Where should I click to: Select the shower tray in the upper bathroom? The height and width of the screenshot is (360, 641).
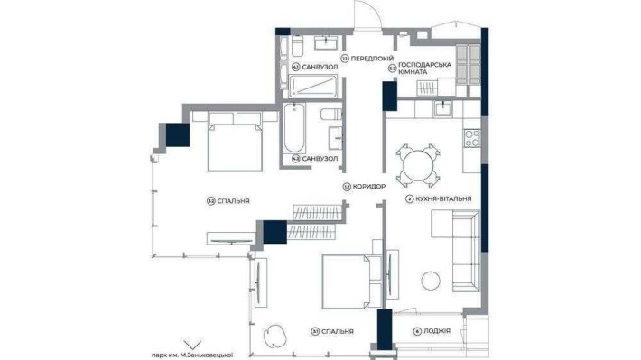click(315, 86)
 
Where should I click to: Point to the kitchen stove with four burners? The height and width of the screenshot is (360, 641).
click(471, 139)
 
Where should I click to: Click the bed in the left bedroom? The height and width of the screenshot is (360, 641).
click(236, 142)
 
